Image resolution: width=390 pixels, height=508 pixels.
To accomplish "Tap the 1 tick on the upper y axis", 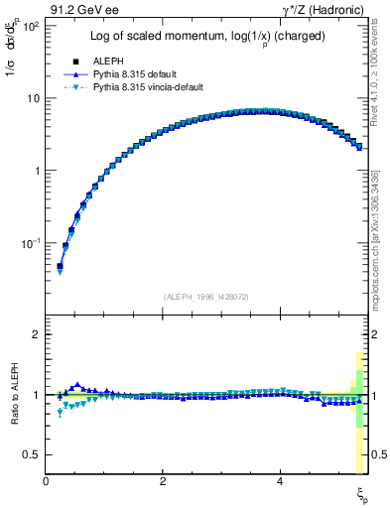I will [35, 171].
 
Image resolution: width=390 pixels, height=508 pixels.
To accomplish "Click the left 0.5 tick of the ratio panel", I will [31, 454].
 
